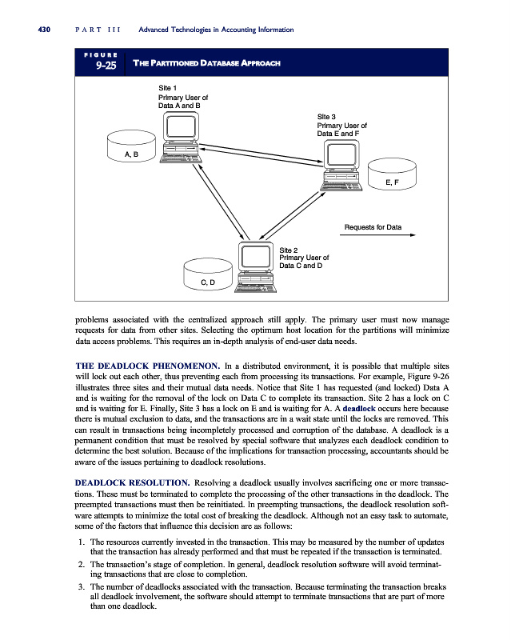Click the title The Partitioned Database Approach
[x=206, y=64]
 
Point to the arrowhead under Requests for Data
[x=412, y=236]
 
